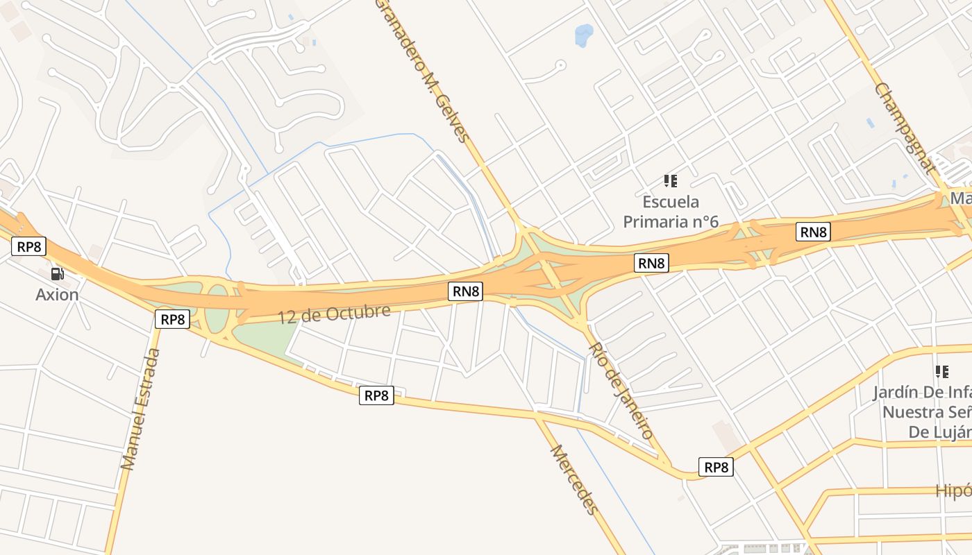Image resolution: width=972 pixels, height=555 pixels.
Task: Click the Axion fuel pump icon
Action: (57, 274)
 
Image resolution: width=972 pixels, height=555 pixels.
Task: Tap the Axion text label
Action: (57, 295)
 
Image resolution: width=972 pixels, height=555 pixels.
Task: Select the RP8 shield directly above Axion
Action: (28, 246)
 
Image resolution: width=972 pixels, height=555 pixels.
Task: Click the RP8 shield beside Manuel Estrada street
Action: (172, 319)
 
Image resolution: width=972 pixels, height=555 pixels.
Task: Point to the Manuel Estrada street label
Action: (141, 409)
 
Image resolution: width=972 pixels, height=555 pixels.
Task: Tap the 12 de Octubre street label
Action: (335, 313)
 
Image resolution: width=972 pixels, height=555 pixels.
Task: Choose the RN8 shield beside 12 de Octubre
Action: (466, 291)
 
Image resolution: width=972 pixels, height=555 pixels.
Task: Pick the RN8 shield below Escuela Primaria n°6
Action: (651, 263)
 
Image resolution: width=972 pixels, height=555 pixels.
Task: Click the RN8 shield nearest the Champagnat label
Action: (813, 232)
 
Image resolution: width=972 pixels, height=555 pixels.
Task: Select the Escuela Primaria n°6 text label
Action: (671, 212)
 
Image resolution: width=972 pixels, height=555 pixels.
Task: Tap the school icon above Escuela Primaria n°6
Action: (671, 181)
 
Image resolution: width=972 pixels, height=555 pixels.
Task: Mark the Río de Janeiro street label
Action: (621, 390)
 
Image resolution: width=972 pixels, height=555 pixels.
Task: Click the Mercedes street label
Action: (574, 479)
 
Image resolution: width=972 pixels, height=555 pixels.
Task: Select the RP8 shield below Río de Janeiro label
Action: (716, 467)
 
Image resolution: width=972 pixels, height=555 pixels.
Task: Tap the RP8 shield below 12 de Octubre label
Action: (376, 395)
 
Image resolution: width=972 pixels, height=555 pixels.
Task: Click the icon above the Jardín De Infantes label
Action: (942, 372)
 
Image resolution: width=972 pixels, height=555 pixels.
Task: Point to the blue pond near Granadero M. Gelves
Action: (584, 34)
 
